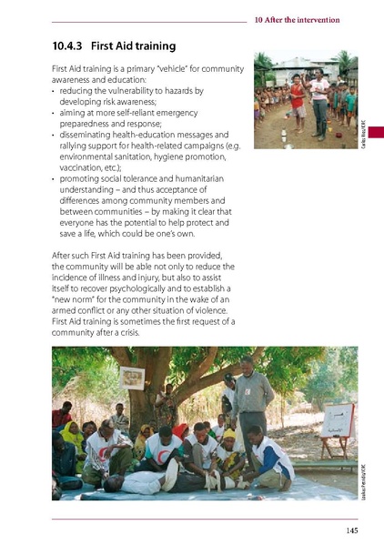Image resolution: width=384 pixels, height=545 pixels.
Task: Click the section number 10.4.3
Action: pos(71,45)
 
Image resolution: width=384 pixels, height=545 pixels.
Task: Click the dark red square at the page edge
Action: pos(375,133)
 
